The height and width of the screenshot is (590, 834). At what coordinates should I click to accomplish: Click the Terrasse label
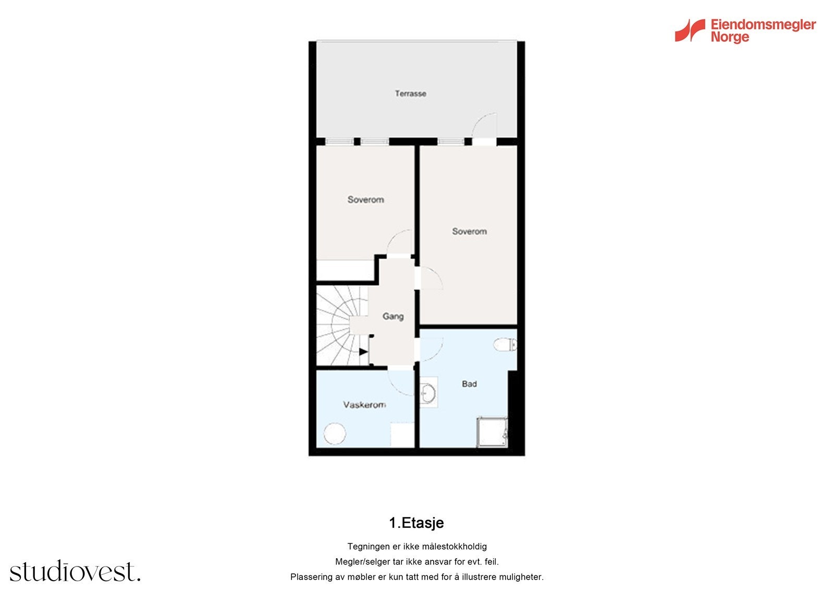[410, 94]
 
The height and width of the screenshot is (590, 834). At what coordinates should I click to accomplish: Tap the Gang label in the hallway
[393, 316]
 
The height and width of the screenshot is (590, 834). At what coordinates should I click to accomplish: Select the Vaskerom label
[364, 405]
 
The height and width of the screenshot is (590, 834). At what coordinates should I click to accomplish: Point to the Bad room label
[469, 384]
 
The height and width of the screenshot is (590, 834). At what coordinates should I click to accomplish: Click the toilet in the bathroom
[505, 344]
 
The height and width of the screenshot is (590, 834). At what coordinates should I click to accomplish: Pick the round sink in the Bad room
[428, 393]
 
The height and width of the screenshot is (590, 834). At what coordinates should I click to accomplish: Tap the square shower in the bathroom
[492, 432]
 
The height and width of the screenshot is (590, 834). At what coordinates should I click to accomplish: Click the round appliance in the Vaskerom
[334, 434]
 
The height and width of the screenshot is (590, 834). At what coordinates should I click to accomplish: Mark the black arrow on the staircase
[363, 352]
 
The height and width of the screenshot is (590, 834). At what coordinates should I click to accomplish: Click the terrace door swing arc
[484, 124]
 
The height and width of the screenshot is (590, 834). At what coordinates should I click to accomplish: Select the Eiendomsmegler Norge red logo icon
[690, 30]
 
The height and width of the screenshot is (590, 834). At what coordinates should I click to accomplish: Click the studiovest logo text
[75, 572]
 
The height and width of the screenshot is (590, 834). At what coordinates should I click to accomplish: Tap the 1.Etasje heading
[416, 523]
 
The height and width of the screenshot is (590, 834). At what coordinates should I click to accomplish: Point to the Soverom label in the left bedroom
[365, 200]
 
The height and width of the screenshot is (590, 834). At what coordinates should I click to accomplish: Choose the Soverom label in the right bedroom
[469, 232]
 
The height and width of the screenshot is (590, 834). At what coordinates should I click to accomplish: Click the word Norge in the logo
[730, 38]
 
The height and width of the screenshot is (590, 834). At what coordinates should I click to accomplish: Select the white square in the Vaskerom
[402, 435]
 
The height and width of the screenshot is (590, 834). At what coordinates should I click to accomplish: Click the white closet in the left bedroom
[345, 270]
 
